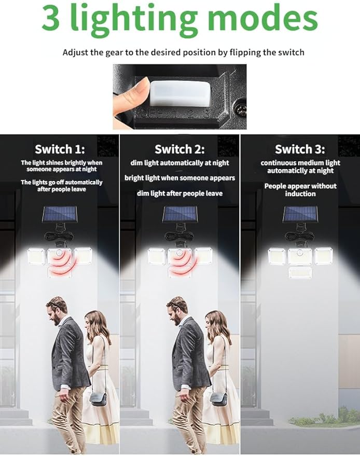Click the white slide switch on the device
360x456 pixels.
click(180, 92)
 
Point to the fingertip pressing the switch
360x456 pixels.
click(136, 89)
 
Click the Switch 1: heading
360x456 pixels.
click(60, 149)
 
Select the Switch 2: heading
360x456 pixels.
click(179, 149)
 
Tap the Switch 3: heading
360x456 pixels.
click(300, 149)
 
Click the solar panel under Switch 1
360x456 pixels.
click(60, 214)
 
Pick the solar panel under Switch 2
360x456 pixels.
click(180, 214)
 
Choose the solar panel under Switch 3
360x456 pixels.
click(300, 214)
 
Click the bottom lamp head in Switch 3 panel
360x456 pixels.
click(300, 273)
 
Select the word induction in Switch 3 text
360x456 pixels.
click(300, 194)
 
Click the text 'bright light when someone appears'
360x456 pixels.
click(179, 178)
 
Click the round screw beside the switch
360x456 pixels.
click(241, 110)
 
